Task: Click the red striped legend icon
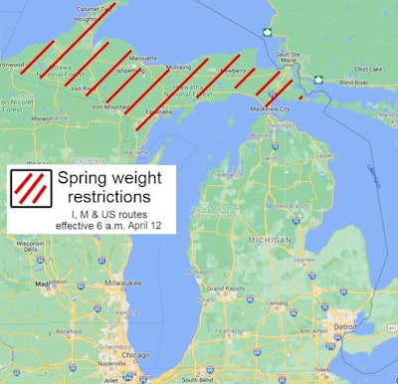pyautogui.click(x=30, y=187)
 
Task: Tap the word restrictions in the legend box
pyautogui.click(x=117, y=197)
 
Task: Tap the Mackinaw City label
pyautogui.click(x=271, y=107)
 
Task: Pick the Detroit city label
pyautogui.click(x=344, y=326)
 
